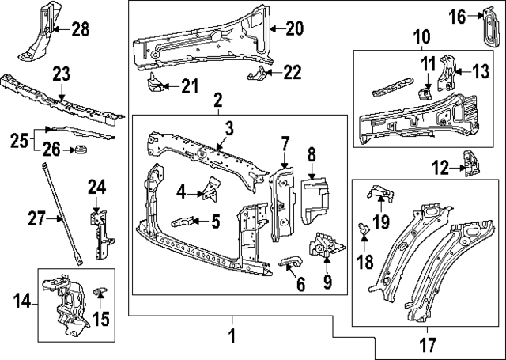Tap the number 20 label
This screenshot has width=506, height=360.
pyautogui.click(x=293, y=29)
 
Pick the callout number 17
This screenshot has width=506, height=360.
pyautogui.click(x=426, y=344)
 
